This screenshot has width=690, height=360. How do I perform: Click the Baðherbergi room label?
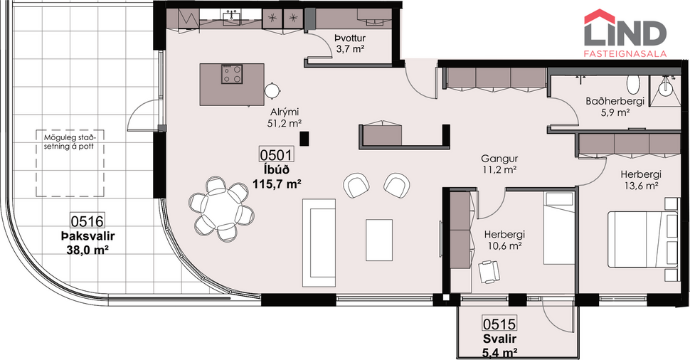[615, 101]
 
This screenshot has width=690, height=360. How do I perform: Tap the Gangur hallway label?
[498, 158]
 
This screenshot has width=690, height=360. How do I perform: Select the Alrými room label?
[283, 112]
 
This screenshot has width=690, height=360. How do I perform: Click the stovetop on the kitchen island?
[233, 74]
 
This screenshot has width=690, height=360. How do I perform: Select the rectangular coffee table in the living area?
[379, 240]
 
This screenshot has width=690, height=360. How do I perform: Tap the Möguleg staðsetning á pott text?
[70, 142]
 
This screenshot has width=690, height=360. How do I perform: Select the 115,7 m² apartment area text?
[277, 183]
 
